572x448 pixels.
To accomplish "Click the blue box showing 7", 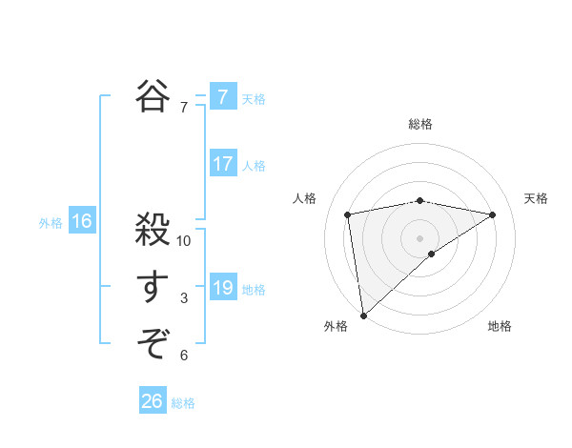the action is click(x=222, y=96).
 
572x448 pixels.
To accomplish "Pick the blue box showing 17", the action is click(x=222, y=164).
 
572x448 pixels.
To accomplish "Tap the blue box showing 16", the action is click(x=82, y=222).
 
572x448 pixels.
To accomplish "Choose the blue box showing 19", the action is click(x=222, y=288).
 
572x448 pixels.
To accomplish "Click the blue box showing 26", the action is click(x=153, y=401).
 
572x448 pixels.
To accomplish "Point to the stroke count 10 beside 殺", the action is click(x=184, y=241).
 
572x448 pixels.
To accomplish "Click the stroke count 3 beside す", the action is click(x=184, y=298).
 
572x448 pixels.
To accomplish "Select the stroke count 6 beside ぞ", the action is click(x=184, y=356).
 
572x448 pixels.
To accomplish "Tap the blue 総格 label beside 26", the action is click(x=183, y=403).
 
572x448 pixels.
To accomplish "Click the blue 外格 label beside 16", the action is click(x=51, y=223).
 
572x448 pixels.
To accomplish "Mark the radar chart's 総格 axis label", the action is click(x=419, y=124).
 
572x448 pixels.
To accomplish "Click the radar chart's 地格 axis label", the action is click(x=500, y=326).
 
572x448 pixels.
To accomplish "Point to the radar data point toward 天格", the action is click(x=492, y=214).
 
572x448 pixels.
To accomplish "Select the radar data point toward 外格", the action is click(x=363, y=315).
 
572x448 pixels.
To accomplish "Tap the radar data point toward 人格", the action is click(x=348, y=214).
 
